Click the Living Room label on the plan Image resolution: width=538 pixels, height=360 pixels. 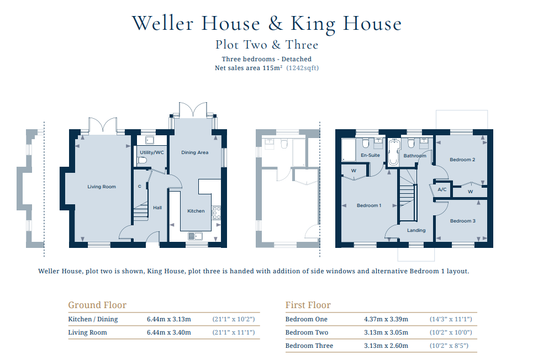pos(102,187)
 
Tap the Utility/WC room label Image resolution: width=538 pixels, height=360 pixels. pos(152,152)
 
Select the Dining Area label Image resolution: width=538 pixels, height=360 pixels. pos(195,152)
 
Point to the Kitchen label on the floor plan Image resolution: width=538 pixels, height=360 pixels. pos(196,211)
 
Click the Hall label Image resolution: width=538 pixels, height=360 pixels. pos(157,208)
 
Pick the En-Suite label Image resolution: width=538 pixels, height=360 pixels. pos(370,155)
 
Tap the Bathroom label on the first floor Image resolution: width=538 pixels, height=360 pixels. pos(415,156)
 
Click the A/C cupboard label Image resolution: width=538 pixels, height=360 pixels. pos(442,189)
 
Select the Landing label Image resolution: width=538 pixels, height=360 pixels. pos(416,230)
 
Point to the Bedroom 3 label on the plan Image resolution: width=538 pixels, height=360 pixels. pos(463,221)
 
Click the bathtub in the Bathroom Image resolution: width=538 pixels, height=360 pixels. pos(394,152)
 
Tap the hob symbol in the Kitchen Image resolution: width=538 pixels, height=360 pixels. pos(217,213)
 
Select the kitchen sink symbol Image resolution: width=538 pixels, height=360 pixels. pos(195,236)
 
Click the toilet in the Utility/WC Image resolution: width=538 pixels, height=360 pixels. pos(142,160)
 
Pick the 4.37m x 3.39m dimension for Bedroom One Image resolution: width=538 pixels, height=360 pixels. pos(386,319)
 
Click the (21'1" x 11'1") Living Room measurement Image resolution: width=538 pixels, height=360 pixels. pos(234,332)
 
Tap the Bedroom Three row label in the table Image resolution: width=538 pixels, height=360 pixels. pos(309,346)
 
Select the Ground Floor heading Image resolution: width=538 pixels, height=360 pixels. pos(97,305)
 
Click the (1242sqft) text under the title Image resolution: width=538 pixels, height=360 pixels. pos(302,68)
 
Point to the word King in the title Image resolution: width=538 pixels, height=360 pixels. pos(313,24)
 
